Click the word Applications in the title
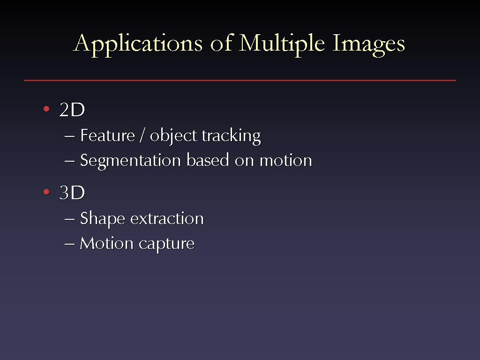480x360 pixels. click(138, 45)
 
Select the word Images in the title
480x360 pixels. click(368, 45)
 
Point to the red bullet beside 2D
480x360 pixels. click(46, 109)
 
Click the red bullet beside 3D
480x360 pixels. click(46, 192)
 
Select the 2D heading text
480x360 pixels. click(72, 110)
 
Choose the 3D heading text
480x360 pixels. click(72, 193)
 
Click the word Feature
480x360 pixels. click(107, 135)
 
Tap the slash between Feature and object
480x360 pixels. click(142, 135)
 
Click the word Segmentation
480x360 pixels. click(130, 161)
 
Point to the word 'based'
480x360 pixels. click(208, 160)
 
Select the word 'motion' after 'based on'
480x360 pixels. click(286, 160)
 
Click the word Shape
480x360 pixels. click(103, 219)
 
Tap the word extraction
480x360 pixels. click(167, 218)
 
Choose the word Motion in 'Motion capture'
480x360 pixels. click(106, 244)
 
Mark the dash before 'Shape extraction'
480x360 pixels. click(70, 219)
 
